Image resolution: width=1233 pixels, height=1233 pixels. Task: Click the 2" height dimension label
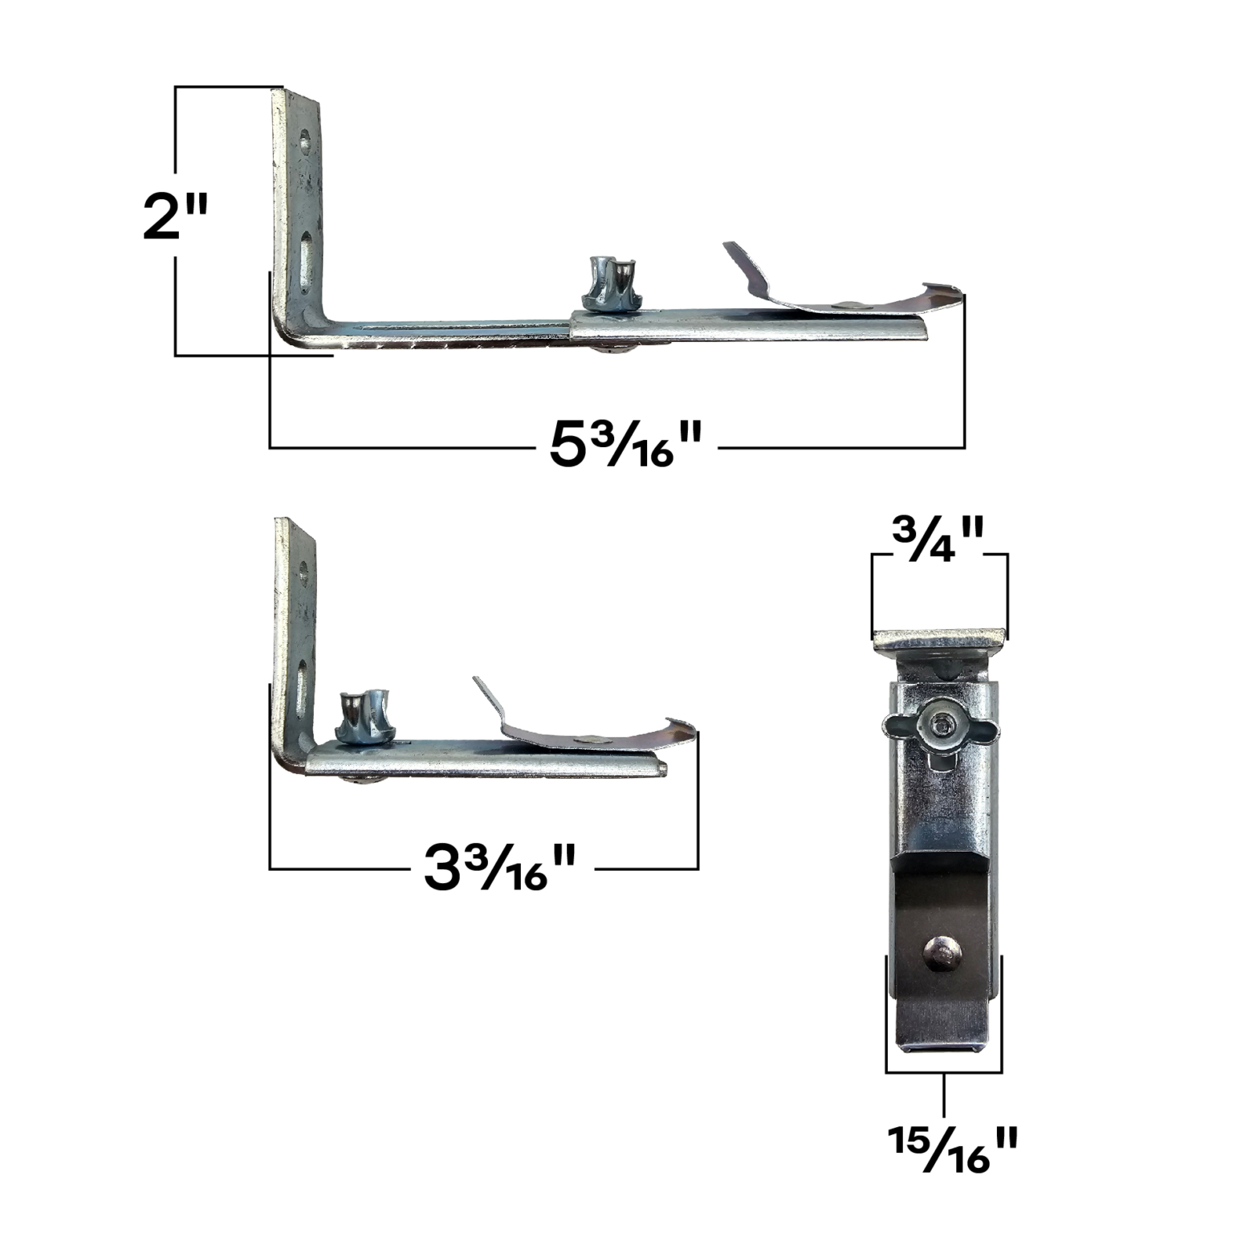tap(175, 216)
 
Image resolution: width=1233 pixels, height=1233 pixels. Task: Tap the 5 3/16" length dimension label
tap(625, 444)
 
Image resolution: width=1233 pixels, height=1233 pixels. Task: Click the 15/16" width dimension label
tap(952, 1149)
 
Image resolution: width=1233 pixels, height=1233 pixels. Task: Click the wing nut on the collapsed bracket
tap(363, 715)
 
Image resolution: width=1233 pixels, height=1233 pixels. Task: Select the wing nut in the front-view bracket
tap(938, 727)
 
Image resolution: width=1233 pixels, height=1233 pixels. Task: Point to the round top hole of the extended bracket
tap(305, 142)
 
